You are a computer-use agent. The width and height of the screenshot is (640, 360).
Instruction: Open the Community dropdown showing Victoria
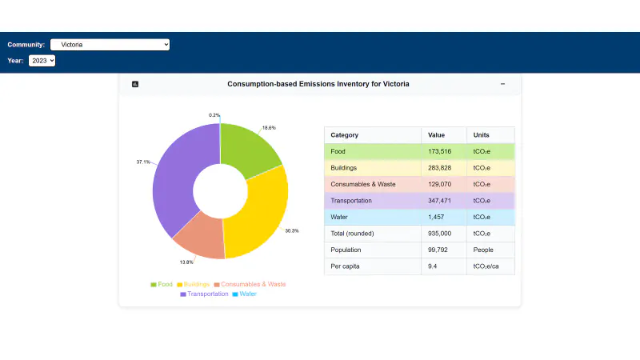point(110,45)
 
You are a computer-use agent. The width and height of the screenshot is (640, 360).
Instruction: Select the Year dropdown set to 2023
point(42,61)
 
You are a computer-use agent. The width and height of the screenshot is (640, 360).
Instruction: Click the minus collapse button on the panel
point(502,84)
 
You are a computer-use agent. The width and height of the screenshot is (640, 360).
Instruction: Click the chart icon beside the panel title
point(135,84)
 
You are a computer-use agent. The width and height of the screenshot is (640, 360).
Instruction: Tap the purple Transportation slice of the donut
point(175,179)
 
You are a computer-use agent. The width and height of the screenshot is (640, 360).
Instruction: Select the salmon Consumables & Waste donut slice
point(200,237)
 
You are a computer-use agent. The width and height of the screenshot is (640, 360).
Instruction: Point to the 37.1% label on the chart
point(143,162)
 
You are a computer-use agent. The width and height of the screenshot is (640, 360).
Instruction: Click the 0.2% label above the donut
point(214,115)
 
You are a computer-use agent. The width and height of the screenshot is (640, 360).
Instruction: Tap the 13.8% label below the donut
point(186,262)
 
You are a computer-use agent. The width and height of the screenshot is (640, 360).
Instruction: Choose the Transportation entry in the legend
point(204,294)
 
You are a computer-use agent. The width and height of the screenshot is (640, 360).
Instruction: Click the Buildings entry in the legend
point(193,284)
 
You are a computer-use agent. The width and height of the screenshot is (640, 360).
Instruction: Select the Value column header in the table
point(436,135)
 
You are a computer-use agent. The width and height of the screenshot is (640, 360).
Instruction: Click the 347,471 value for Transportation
point(439,201)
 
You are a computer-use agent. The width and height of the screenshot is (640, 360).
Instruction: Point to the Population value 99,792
point(438,250)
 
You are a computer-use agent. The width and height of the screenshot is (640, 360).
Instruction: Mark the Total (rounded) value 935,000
point(439,234)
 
